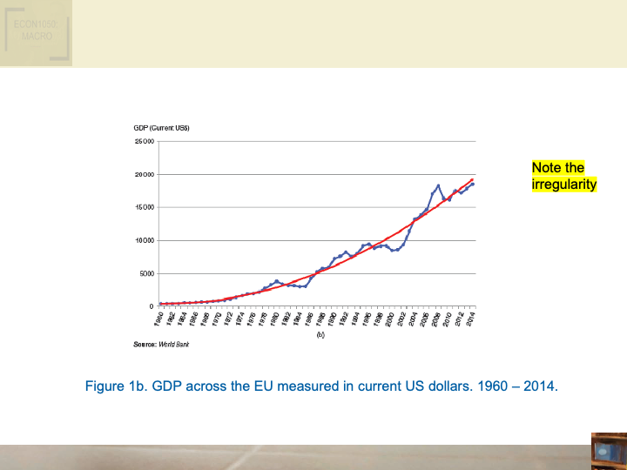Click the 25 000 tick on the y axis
[x=144, y=142]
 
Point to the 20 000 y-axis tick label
[x=144, y=175]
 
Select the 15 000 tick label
[x=144, y=208]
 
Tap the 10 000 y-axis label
[x=144, y=241]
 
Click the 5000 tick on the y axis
[x=145, y=274]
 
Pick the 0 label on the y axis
[x=151, y=306]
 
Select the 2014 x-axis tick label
[x=471, y=319]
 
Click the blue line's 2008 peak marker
[x=438, y=185]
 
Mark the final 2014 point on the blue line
[x=473, y=184]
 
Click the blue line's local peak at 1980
[x=276, y=281]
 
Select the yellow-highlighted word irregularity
[x=563, y=185]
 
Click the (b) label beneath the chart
[x=320, y=333]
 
